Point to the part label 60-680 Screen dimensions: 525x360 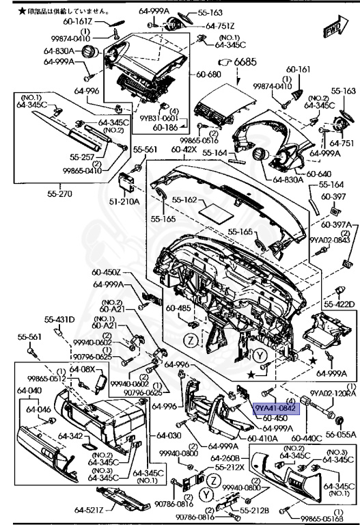tap(206, 75)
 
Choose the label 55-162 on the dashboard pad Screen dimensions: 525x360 tap(184, 200)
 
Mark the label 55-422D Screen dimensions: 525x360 tap(340, 304)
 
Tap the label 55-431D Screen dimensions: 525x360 tap(60, 319)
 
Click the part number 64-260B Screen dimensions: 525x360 tap(225, 458)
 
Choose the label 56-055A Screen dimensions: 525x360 tap(340, 433)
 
